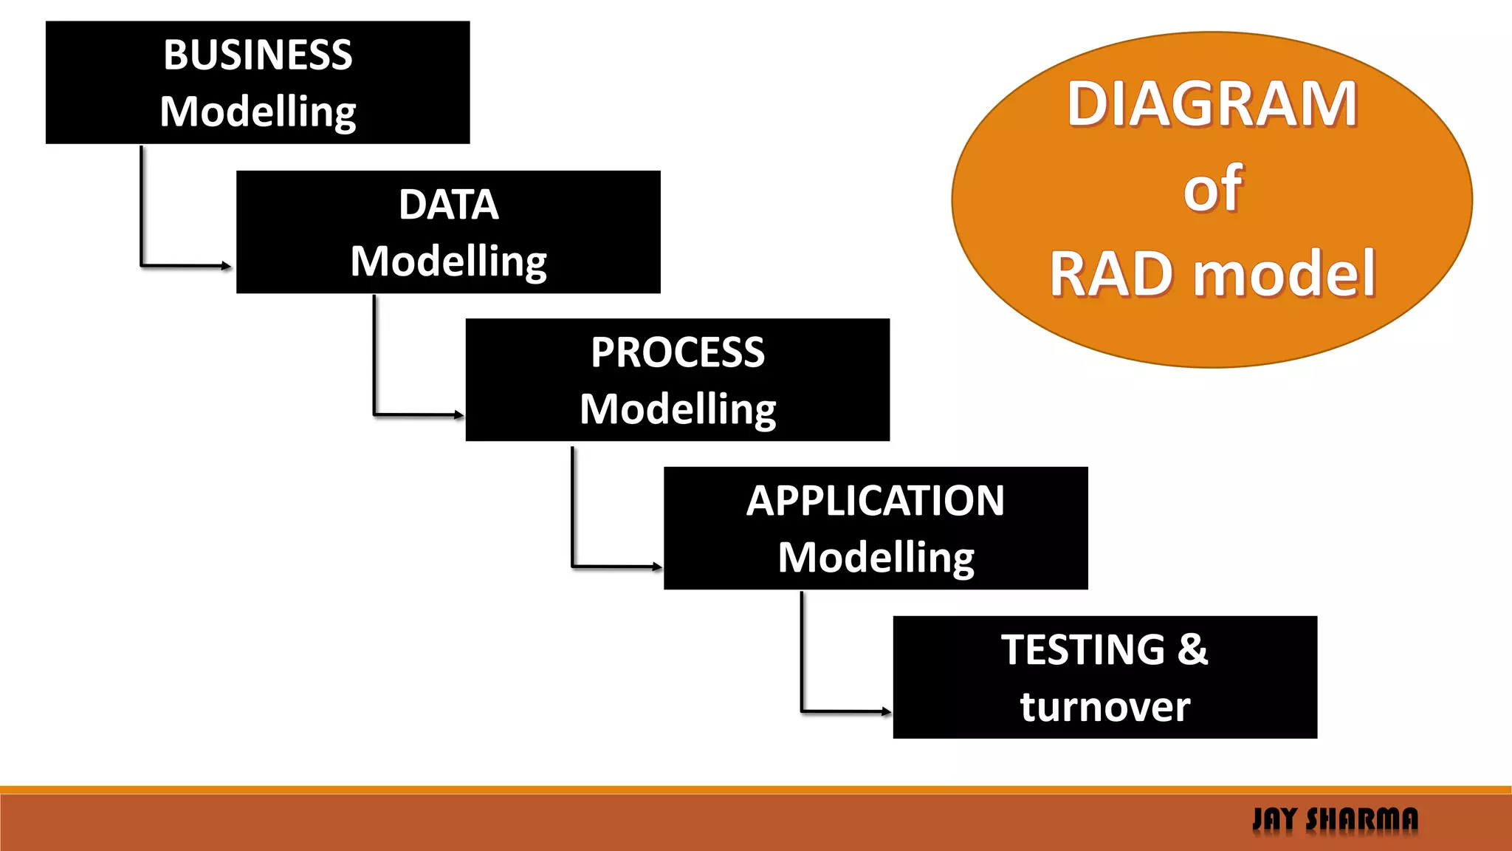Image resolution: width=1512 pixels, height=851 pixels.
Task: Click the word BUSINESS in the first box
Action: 258,55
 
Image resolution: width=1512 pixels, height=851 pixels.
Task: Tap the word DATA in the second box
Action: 448,205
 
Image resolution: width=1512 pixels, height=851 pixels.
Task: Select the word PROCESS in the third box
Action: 677,352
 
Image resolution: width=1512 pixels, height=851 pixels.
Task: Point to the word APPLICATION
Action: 875,501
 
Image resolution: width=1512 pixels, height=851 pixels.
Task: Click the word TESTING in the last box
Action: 1083,650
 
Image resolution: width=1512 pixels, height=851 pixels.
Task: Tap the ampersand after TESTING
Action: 1192,650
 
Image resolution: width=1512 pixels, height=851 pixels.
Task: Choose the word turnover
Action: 1104,707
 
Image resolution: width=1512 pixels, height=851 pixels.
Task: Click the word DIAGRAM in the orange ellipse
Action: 1212,104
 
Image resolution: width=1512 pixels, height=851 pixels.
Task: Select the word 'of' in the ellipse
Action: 1212,189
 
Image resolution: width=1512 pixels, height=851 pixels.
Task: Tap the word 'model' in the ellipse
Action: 1284,274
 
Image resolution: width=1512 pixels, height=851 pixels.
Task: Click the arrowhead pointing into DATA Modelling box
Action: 227,266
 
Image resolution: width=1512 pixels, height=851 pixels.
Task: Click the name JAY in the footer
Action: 1275,819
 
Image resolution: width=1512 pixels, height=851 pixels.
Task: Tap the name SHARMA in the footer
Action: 1362,819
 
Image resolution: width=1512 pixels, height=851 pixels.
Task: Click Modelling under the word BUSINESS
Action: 258,112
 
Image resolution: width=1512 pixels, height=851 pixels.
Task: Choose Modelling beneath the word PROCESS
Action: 677,409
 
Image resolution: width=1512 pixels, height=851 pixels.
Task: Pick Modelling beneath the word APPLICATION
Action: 875,558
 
